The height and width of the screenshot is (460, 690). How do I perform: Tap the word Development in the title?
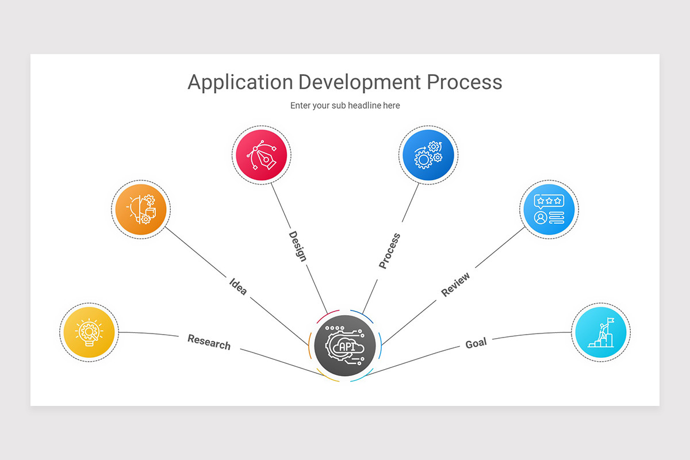359,82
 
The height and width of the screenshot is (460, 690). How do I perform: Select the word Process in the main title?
464,82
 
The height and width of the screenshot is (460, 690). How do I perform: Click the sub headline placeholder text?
345,106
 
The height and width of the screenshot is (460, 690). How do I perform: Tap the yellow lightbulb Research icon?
89,332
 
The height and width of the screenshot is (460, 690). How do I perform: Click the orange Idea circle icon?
141,209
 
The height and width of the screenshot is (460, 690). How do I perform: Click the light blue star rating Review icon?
549,210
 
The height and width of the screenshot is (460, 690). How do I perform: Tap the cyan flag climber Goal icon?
601,332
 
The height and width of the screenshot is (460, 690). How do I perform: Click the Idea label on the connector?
238,286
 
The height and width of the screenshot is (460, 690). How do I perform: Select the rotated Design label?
297,246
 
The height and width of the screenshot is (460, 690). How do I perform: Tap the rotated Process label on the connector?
389,251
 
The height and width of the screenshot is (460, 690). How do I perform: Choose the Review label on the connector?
455,284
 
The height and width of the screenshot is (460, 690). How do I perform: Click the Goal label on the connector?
476,343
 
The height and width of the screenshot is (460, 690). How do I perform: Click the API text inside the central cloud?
347,347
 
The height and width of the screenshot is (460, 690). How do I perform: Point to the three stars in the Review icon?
549,201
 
